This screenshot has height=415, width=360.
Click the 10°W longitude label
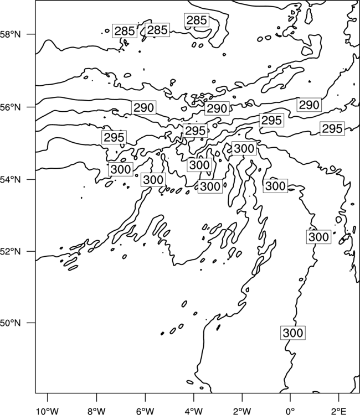(x=48, y=411)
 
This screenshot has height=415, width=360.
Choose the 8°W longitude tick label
(x=96, y=411)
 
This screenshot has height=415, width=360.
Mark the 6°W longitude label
(x=145, y=411)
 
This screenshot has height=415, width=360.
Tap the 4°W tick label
(x=194, y=411)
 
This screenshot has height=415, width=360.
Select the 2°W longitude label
(x=242, y=411)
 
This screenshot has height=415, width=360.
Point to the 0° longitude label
(x=290, y=411)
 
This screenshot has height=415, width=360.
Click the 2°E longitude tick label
(x=339, y=411)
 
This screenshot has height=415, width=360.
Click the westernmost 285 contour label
(x=125, y=31)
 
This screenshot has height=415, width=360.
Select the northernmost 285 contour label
(x=197, y=20)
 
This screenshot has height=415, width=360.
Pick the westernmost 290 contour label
(x=143, y=107)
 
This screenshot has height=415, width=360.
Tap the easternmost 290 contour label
(x=309, y=105)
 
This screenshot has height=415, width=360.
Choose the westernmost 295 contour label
(x=114, y=137)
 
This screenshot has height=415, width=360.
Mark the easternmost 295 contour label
(x=332, y=128)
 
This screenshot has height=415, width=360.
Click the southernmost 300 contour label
(x=293, y=333)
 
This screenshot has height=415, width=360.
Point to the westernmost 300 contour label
(x=121, y=169)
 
